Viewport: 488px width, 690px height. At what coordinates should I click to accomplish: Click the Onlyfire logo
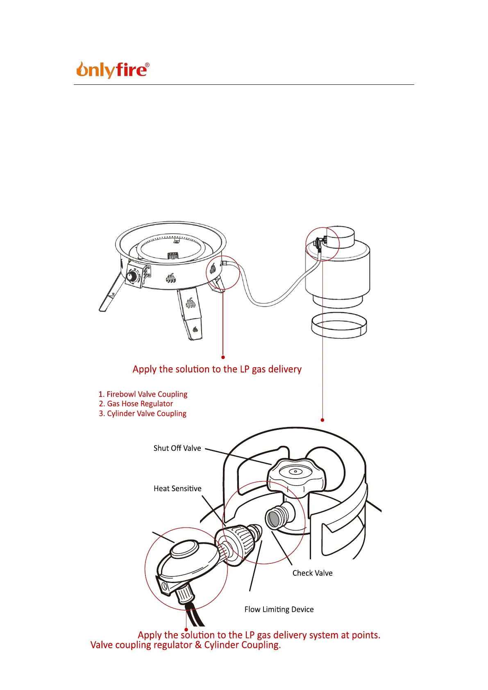[111, 70]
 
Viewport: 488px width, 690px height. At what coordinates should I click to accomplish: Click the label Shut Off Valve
[177, 448]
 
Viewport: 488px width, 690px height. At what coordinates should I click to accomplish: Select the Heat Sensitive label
[177, 488]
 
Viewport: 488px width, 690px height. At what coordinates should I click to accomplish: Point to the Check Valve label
[312, 573]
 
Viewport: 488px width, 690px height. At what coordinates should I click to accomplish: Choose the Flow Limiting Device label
[279, 610]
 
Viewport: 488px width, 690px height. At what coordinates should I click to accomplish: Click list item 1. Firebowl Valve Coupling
[143, 394]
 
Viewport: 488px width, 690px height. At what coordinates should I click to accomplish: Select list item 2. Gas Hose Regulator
[136, 404]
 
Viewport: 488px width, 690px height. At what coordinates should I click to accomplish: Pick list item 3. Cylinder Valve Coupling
[143, 413]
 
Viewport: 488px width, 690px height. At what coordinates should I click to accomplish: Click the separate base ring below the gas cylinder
[339, 326]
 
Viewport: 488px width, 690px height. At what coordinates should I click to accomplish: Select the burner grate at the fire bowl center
[173, 256]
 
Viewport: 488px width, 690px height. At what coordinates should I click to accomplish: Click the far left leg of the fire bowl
[110, 293]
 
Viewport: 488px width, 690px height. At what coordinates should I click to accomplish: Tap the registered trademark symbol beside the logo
[147, 65]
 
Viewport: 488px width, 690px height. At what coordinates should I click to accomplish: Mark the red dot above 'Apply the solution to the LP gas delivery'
[223, 357]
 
